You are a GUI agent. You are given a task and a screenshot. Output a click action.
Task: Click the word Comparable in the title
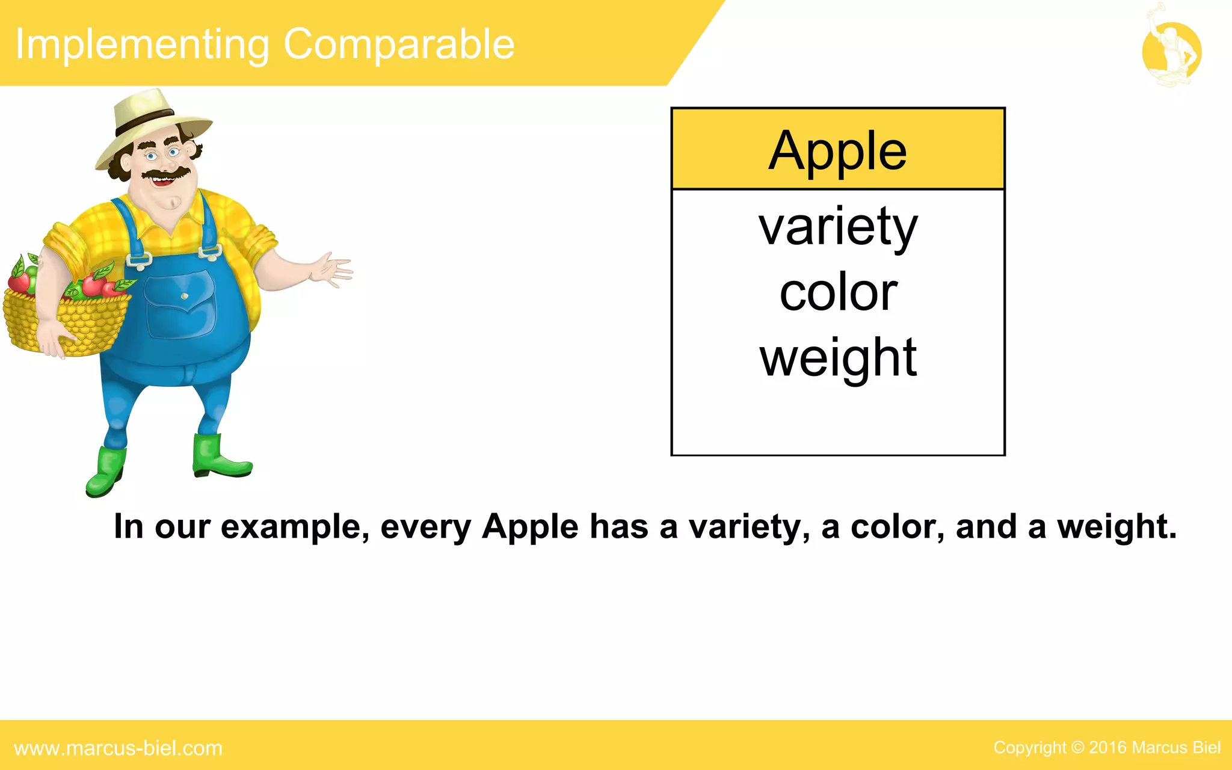point(399,45)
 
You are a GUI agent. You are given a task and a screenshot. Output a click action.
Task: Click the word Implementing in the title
point(142,45)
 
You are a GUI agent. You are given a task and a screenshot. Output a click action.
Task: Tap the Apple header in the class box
point(837,150)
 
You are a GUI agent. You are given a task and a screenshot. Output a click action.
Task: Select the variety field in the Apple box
point(837,227)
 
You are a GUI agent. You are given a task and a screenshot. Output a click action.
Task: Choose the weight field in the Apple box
point(838,358)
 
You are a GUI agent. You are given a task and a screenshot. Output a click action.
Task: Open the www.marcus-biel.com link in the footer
point(118,748)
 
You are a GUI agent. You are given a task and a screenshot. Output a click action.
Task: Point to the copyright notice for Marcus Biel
point(1106,747)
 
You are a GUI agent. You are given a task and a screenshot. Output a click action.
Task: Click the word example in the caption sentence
point(295,527)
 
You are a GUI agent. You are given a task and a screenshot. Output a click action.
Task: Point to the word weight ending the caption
point(1116,527)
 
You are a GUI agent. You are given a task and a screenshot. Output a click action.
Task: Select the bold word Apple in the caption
point(530,527)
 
